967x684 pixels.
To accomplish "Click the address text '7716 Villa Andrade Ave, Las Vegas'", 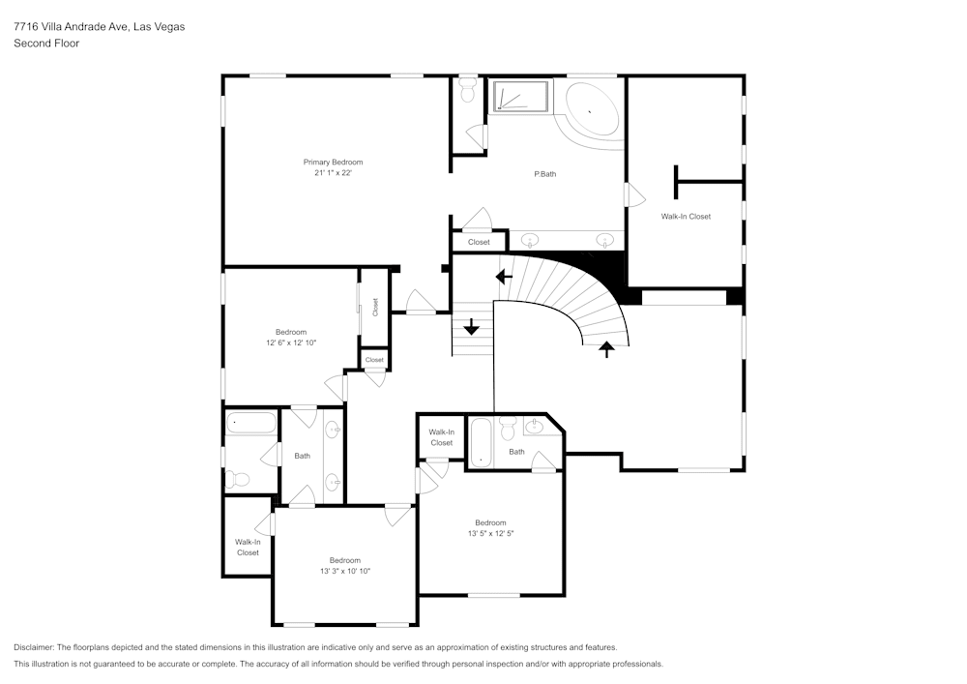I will pos(99,27).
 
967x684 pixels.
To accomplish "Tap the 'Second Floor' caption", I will pos(46,44).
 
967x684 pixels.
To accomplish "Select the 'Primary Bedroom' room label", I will pos(333,162).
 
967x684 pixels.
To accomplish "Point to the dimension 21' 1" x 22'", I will pos(333,173).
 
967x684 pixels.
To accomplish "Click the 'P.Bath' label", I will pos(545,174).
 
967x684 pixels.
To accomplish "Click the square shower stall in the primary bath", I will pos(520,97).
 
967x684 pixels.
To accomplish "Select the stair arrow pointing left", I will pos(504,277).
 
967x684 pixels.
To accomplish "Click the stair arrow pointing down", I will pos(472,327).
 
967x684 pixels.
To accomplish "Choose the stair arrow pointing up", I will pos(607,348).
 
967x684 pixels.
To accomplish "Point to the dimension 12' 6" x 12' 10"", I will pos(290,342).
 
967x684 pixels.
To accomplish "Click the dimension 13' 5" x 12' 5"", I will pos(490,533).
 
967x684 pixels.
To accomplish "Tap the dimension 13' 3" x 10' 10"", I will pos(344,571).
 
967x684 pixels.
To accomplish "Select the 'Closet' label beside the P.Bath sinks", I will pos(479,242).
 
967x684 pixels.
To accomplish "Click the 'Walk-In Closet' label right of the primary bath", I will pos(686,217).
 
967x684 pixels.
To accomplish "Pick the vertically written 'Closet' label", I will pos(375,307).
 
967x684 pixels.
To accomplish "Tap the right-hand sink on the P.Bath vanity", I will pos(606,239).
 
